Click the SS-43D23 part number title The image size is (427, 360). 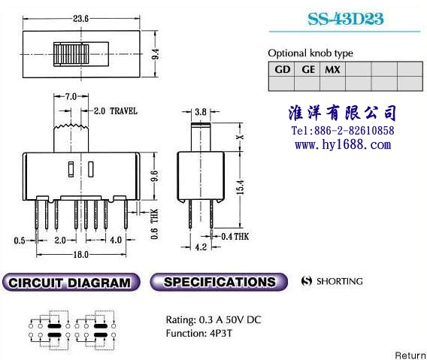pos(345,19)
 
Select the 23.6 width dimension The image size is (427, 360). pos(80,19)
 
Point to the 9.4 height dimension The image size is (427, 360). pos(155,54)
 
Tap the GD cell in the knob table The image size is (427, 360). pos(282,69)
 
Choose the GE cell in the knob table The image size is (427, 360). pos(307,69)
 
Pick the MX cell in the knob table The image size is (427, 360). pos(332,69)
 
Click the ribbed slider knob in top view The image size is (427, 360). pos(71,54)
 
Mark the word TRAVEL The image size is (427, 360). pos(123,111)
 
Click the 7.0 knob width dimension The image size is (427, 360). pos(71,96)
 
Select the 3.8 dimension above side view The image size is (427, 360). pos(201,112)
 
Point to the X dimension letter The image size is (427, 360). pos(240,137)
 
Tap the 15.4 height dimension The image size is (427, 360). pos(240,187)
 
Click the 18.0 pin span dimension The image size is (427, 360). pos(81,255)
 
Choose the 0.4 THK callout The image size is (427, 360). pos(235,237)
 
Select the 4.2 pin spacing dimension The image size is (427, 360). pos(201,247)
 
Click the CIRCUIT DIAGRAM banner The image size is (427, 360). pos(71,282)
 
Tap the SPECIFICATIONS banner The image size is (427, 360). pos(219,282)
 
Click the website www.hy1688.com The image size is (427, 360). pos(343,144)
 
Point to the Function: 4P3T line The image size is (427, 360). pos(199,333)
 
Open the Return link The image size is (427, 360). pos(410,355)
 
